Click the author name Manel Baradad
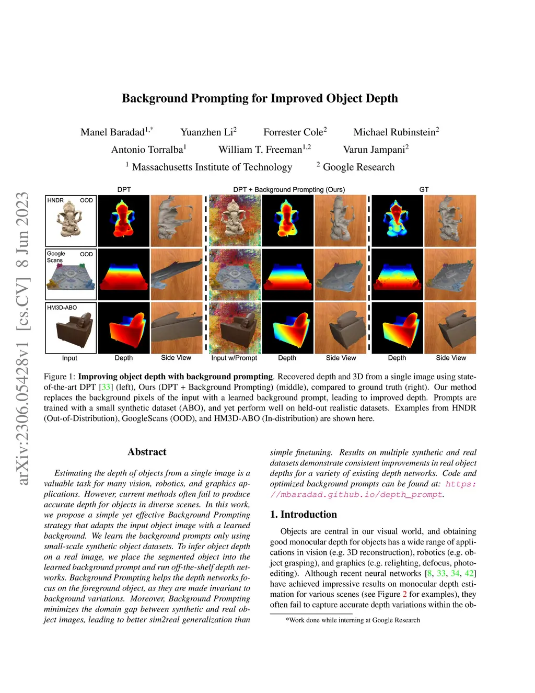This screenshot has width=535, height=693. (112, 132)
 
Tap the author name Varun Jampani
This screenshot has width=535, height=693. (374, 150)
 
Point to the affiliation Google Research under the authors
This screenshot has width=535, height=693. (358, 167)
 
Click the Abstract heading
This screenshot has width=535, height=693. (147, 452)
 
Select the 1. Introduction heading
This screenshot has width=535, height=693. (304, 515)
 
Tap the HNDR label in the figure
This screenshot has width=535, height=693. (55, 200)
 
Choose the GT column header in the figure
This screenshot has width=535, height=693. (424, 189)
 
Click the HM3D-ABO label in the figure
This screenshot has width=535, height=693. (62, 308)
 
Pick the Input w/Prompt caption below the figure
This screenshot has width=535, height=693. (234, 358)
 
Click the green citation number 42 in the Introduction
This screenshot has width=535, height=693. (469, 573)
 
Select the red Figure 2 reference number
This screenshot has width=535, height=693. (404, 594)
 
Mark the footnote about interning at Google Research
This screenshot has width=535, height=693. (353, 620)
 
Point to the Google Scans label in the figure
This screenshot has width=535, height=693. (56, 257)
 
